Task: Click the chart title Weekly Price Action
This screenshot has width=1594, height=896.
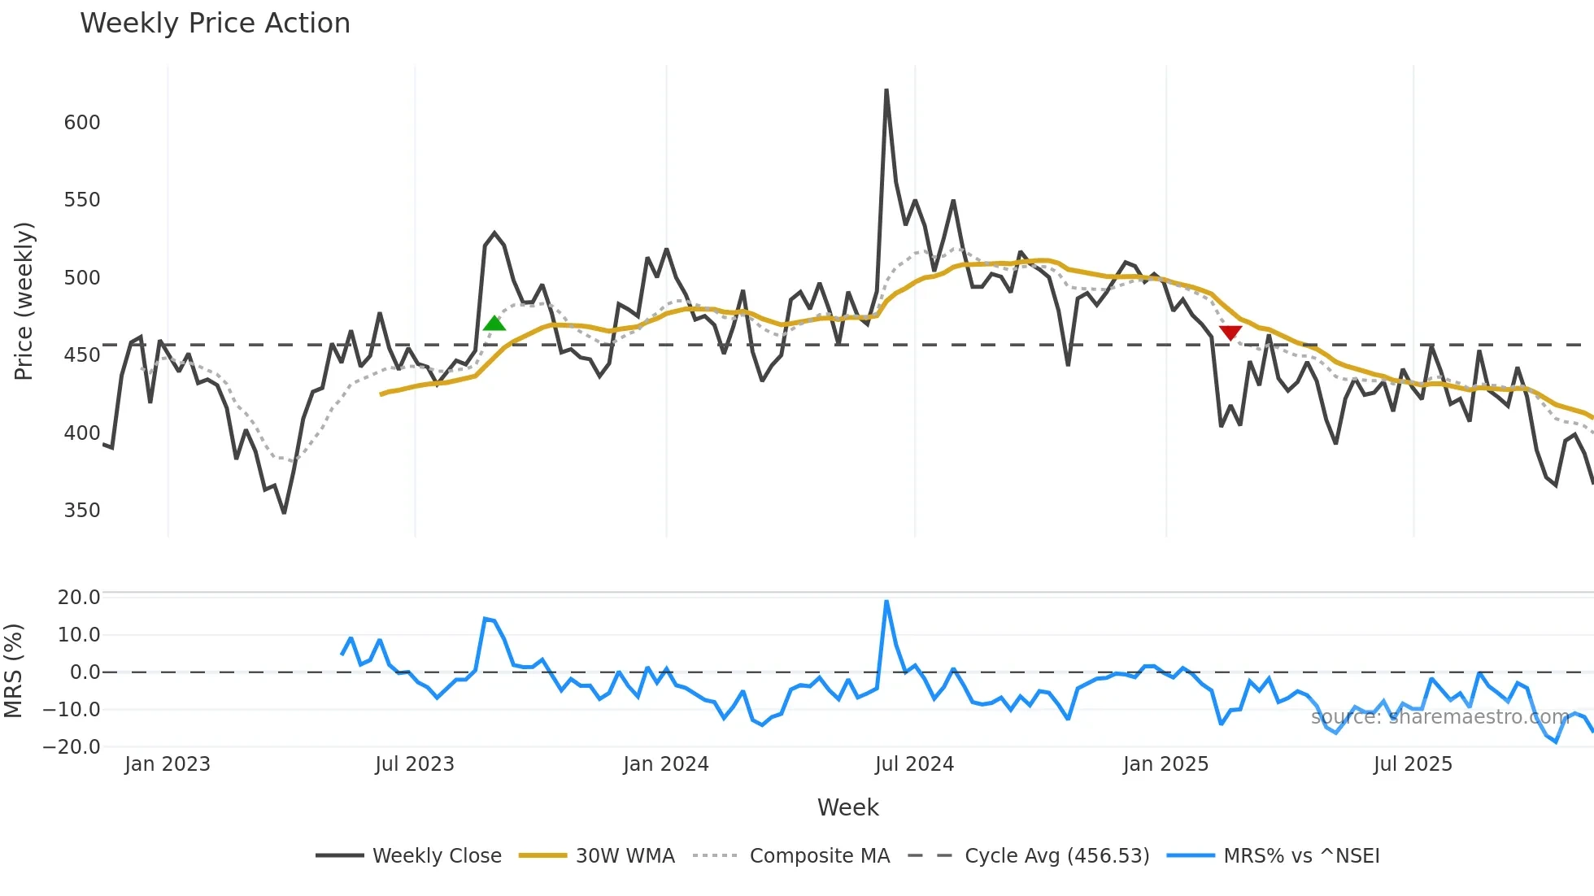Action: pos(215,24)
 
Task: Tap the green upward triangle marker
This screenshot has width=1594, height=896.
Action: pos(494,324)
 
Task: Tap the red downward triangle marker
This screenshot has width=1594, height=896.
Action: pos(1230,333)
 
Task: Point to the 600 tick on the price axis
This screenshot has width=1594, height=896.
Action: pos(82,123)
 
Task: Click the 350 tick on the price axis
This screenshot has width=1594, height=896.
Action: pos(82,511)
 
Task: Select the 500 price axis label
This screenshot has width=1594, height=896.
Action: pos(82,278)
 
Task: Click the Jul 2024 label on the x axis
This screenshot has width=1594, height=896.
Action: pos(914,764)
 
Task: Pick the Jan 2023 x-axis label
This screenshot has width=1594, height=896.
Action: pos(168,764)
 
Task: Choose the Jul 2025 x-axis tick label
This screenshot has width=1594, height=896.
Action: pos(1413,764)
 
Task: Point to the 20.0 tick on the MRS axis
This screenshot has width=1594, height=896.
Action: pos(79,598)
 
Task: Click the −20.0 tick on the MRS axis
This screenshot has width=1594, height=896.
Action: pos(72,747)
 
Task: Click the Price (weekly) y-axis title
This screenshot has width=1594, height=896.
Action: pos(24,301)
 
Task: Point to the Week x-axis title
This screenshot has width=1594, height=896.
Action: pos(847,807)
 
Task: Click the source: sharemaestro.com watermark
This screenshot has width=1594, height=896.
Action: pos(1439,717)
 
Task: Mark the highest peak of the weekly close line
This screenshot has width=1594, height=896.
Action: pos(886,90)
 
